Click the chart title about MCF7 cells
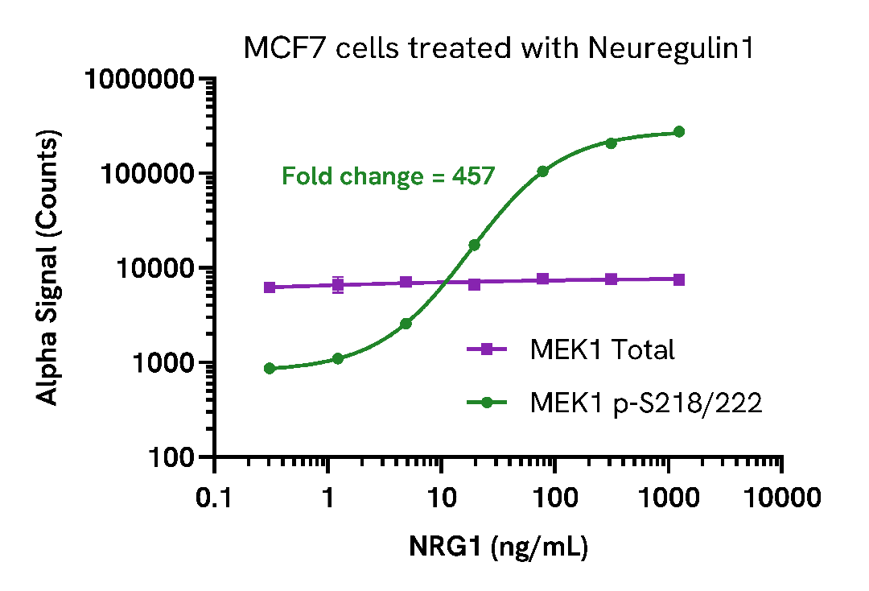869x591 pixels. pos(499,49)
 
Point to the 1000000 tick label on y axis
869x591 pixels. pos(141,80)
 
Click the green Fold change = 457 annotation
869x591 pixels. pos(388,176)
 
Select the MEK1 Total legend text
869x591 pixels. pos(602,349)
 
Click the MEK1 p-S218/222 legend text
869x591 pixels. pos(645,403)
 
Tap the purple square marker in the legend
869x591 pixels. pos(487,349)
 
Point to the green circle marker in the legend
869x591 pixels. pos(487,403)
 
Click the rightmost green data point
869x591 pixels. pos(679,132)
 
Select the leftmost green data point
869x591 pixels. pos(270,368)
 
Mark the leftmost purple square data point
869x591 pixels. pos(270,287)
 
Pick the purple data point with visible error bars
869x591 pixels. pos(338,284)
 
